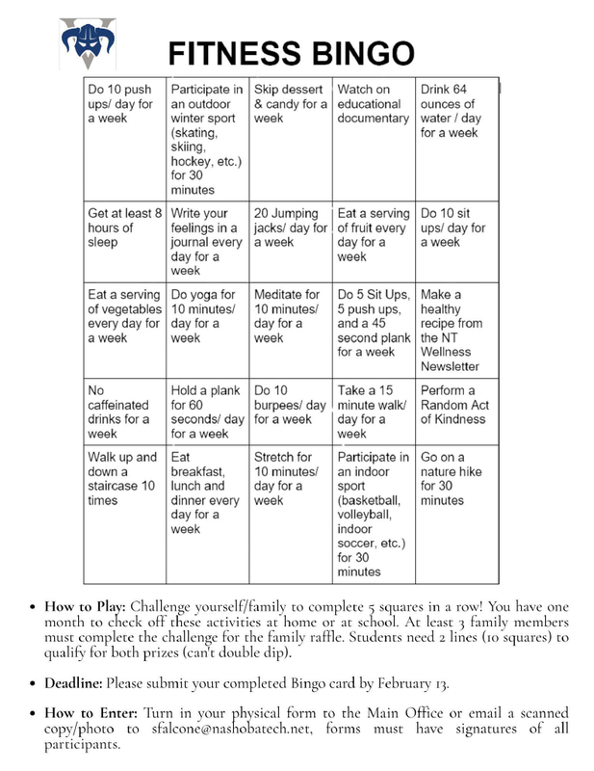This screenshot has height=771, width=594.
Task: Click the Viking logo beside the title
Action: click(x=87, y=42)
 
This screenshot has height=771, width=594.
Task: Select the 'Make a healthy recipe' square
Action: click(x=456, y=330)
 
